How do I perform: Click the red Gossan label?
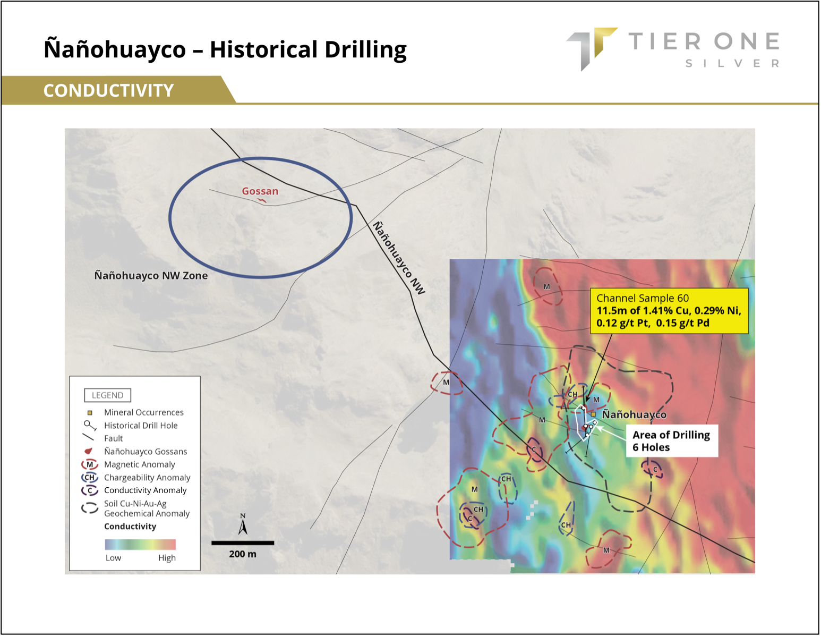[260, 191]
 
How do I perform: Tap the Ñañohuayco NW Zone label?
[151, 275]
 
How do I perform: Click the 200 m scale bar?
[243, 543]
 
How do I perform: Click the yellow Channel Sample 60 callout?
[669, 311]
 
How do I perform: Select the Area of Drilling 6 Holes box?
[672, 441]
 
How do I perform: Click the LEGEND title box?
[108, 395]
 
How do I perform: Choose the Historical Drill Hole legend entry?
[131, 426]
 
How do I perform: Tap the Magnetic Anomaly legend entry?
[129, 464]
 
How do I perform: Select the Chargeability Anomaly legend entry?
[136, 477]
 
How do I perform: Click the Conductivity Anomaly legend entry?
[134, 490]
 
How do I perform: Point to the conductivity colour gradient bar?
[140, 544]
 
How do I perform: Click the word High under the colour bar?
[167, 558]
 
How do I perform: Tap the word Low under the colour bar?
[113, 558]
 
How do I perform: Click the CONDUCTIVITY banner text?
[108, 91]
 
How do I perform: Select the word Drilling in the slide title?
[365, 50]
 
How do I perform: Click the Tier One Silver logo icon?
[591, 48]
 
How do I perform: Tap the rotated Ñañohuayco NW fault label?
[399, 258]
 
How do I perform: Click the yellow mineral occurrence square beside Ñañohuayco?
[593, 414]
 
